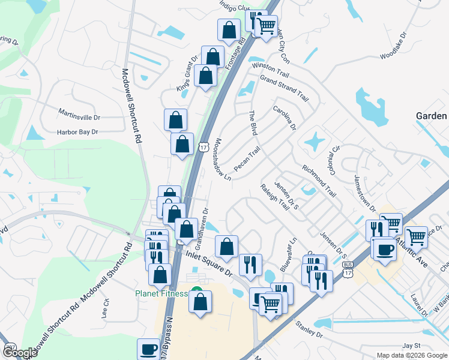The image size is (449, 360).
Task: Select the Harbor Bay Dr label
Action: point(77,132)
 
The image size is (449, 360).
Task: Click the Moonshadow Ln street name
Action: point(222,160)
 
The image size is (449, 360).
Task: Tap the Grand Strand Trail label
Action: point(284,88)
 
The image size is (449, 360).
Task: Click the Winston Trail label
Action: point(271,71)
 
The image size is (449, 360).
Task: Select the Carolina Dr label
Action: point(285,118)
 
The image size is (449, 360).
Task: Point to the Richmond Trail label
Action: point(319,181)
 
